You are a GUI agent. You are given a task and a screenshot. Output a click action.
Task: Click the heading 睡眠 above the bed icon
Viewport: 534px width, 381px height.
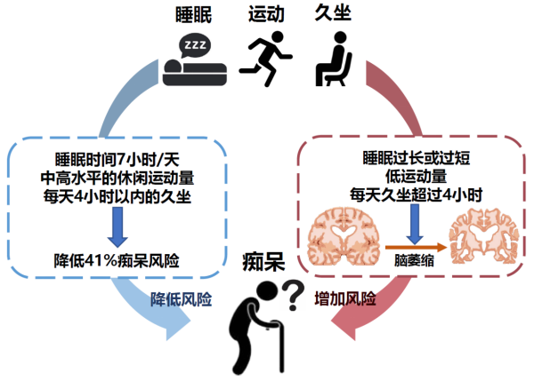(x=193, y=15)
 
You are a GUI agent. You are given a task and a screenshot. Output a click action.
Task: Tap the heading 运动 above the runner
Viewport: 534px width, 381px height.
(x=266, y=14)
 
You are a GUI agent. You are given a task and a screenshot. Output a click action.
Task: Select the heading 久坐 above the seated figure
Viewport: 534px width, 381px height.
(x=333, y=13)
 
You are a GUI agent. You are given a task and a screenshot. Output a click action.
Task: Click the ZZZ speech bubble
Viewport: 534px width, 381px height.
(x=195, y=45)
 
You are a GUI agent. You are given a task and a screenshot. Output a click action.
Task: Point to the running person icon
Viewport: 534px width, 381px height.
(x=265, y=59)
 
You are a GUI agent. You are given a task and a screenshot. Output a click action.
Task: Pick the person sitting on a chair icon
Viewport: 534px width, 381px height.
(x=333, y=59)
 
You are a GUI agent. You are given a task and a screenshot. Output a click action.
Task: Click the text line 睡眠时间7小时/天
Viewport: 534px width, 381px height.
(x=117, y=160)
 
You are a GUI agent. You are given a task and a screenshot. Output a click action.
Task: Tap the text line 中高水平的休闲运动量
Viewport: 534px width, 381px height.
(x=117, y=179)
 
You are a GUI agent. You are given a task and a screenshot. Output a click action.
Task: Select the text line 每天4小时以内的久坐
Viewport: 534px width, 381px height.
(x=117, y=196)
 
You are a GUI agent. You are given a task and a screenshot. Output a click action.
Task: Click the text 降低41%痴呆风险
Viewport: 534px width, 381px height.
(x=117, y=261)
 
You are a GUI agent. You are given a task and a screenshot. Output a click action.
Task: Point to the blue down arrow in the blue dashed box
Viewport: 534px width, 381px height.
(x=117, y=227)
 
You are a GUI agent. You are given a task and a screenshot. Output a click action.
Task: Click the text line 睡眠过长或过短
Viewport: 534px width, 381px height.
(x=417, y=158)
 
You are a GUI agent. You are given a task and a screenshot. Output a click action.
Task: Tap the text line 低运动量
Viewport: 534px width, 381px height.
(x=417, y=177)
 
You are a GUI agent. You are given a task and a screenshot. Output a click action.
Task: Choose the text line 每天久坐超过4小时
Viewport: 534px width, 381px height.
(x=417, y=195)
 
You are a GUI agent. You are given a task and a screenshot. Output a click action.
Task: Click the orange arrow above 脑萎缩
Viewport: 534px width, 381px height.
(x=416, y=248)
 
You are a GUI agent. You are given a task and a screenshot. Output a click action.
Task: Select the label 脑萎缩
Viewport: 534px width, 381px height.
(x=414, y=261)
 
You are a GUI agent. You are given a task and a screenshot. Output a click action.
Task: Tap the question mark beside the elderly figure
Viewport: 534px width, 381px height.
(x=293, y=295)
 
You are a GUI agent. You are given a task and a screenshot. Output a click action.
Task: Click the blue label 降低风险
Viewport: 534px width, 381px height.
(x=182, y=299)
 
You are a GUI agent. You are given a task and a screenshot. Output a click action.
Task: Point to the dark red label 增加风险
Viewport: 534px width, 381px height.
(x=345, y=299)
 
